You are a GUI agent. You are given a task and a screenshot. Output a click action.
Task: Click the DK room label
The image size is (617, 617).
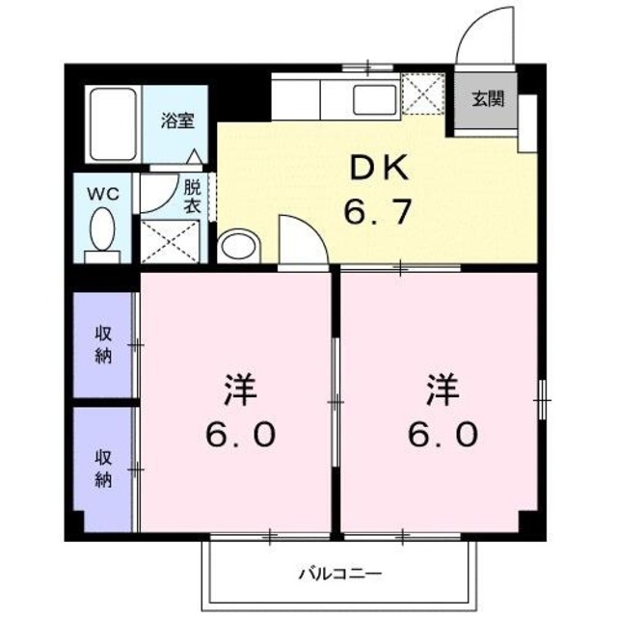[x=378, y=170]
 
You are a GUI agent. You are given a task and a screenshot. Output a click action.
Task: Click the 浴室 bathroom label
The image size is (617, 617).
[x=178, y=121]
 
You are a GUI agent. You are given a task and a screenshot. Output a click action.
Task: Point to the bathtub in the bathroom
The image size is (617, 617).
[x=114, y=124]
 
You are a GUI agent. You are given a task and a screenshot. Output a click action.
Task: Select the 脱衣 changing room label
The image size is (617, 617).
[x=192, y=197]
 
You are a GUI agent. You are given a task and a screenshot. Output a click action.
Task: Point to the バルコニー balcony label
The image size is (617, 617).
[x=339, y=575]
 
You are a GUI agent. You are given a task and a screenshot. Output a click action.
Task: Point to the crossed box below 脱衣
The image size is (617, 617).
[x=171, y=241]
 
